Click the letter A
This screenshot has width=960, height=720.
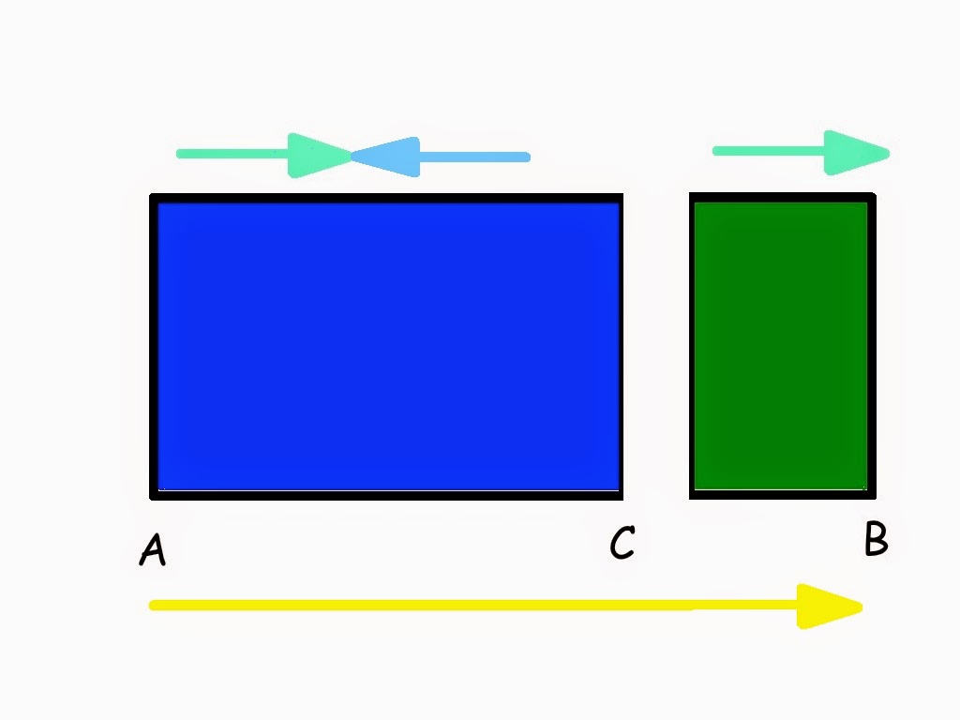[x=153, y=549]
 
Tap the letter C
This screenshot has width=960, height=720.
[x=622, y=543]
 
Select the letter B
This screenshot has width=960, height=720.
[x=876, y=539]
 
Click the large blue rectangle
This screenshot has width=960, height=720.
[x=386, y=346]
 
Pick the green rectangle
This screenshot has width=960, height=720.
[x=782, y=346]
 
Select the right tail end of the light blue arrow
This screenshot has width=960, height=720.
[x=527, y=157]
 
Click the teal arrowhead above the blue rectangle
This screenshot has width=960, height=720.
[x=319, y=156]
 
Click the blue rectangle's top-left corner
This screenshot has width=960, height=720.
[x=153, y=197]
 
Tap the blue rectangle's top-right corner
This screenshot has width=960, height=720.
[x=621, y=197]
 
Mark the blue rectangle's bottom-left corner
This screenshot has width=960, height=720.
[x=153, y=496]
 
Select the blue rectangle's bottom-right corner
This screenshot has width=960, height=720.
[x=621, y=496]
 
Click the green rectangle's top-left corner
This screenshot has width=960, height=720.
[x=693, y=196]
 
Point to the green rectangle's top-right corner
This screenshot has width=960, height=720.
[x=873, y=196]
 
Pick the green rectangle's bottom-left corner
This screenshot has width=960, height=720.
[x=693, y=495]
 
